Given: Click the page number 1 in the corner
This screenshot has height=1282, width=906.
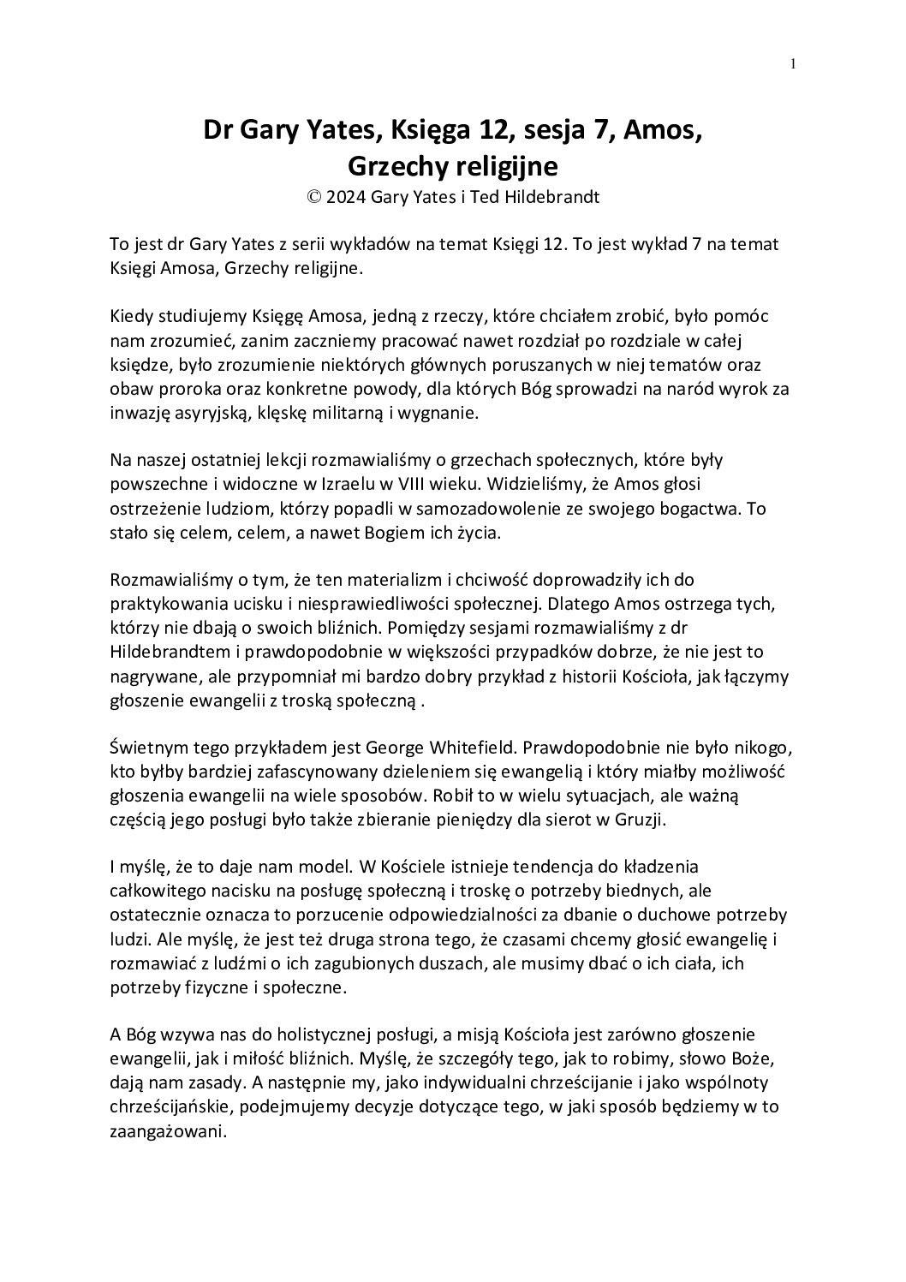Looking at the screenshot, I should (x=794, y=63).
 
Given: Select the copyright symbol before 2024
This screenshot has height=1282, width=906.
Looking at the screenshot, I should (x=314, y=196).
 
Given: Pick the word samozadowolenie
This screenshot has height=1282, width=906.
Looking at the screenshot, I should (x=526, y=509).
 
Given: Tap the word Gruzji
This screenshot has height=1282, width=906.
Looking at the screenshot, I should (x=635, y=819).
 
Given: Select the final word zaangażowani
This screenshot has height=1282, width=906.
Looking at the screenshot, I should (x=168, y=1130).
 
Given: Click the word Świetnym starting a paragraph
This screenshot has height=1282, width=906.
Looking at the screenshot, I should (x=146, y=747).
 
